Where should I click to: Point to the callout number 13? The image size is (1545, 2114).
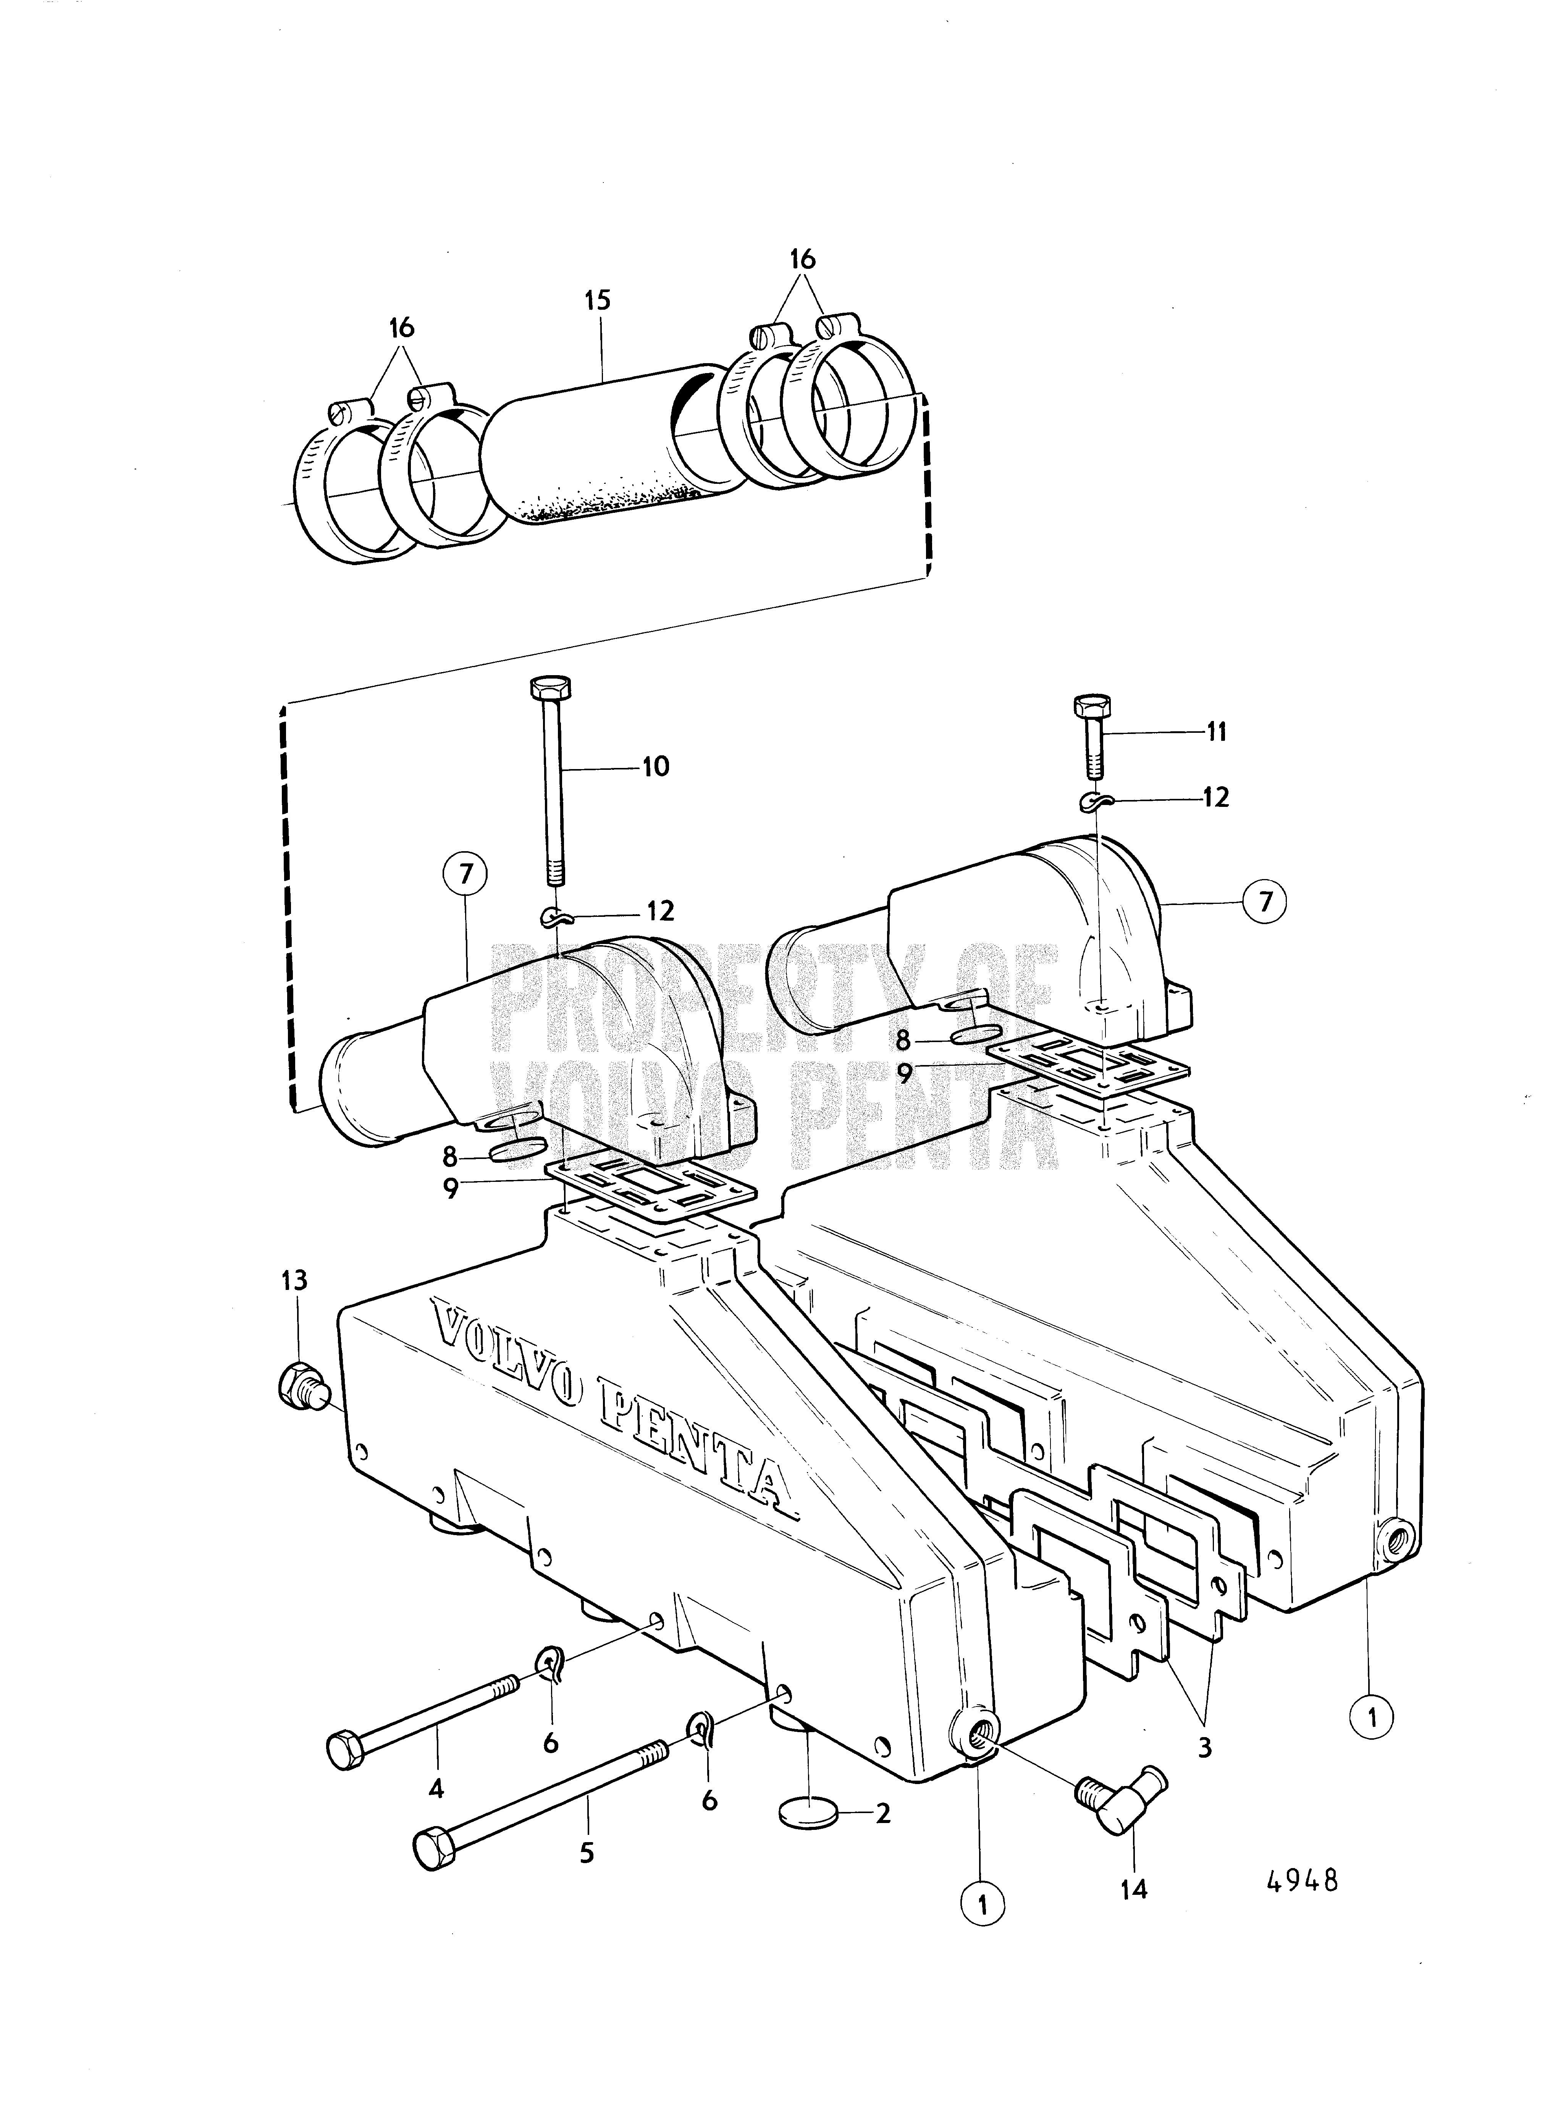[x=294, y=1280]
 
